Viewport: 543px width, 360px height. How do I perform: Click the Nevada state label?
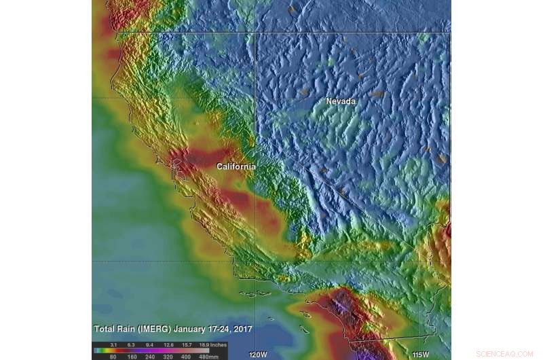pyautogui.click(x=340, y=101)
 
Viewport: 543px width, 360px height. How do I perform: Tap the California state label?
pyautogui.click(x=236, y=166)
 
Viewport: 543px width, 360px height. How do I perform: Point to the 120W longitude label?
pyautogui.click(x=258, y=355)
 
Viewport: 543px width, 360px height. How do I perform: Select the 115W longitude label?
pyautogui.click(x=422, y=355)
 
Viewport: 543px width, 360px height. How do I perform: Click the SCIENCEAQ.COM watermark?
pyautogui.click(x=504, y=354)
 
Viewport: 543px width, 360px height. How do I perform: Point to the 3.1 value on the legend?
pyautogui.click(x=114, y=344)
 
